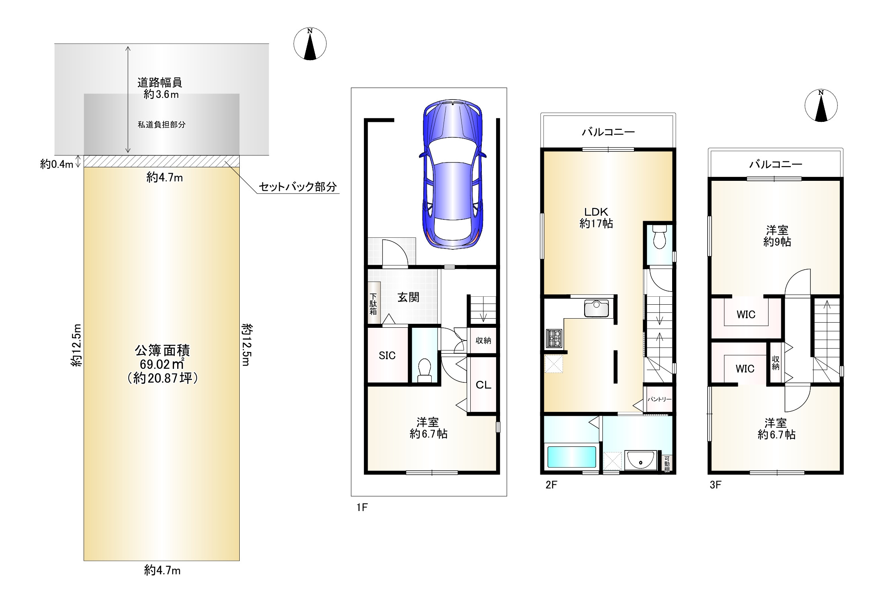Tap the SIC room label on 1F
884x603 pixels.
point(387,355)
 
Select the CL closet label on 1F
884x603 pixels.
point(483,385)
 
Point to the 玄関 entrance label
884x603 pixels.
point(408,297)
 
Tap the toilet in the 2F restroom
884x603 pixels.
point(659,236)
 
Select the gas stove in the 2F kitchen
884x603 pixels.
point(554,338)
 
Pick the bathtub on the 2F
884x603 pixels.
point(572,457)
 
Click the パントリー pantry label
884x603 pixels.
point(659,399)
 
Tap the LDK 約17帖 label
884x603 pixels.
point(596,217)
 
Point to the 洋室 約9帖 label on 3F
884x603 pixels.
point(777,236)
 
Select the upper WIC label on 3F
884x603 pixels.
point(746,315)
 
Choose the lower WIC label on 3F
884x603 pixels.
point(745,369)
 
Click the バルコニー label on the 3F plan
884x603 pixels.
point(776,164)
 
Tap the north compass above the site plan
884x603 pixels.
point(310,44)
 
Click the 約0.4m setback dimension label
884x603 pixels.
point(57,164)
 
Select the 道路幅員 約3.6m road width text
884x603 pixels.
point(160,88)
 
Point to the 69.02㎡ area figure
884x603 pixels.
point(162,364)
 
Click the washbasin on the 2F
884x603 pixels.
point(641,460)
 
